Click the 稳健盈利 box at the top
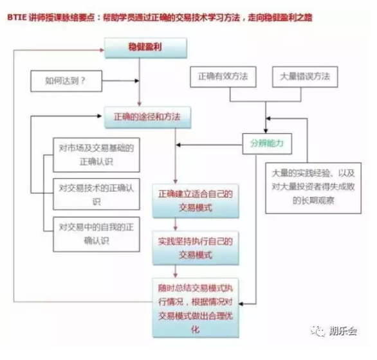point(145,48)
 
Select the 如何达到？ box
point(66,81)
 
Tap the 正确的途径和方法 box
point(147,117)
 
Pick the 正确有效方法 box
point(223,76)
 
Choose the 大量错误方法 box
point(305,76)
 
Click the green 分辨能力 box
point(267,144)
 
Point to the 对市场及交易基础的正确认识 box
point(96,155)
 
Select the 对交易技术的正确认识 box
point(96,194)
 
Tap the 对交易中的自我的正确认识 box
point(96,234)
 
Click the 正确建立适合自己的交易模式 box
point(196,201)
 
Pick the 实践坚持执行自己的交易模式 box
point(196,248)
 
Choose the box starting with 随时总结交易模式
point(196,308)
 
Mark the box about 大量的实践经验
point(313,188)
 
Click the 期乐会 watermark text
point(343,331)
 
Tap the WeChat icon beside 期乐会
point(317,331)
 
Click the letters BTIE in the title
point(17,18)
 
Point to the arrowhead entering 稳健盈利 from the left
point(102,50)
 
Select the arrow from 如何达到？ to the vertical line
point(121,81)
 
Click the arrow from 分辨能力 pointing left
point(209,145)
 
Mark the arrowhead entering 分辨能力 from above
point(266,131)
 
